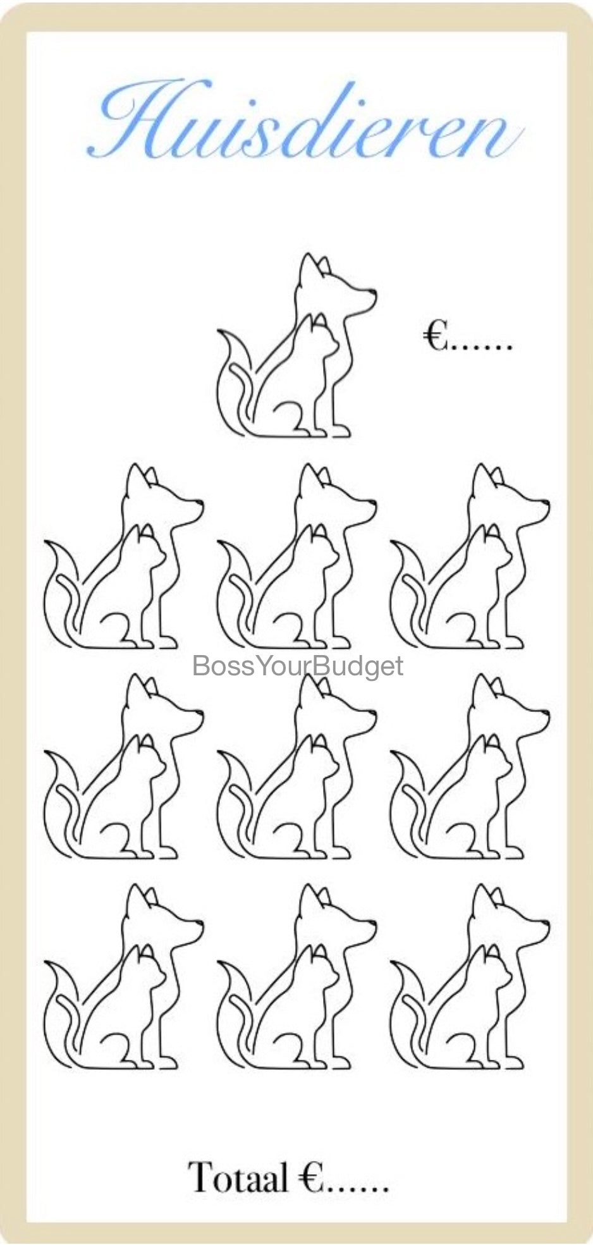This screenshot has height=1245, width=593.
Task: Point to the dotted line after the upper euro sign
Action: pyautogui.click(x=480, y=347)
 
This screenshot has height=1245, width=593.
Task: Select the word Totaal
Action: pyautogui.click(x=238, y=1177)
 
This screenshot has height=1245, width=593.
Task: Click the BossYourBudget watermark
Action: pyautogui.click(x=297, y=666)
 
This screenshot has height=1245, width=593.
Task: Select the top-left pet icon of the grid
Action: pyautogui.click(x=123, y=556)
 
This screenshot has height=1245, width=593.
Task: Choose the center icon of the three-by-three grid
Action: pyautogui.click(x=296, y=766)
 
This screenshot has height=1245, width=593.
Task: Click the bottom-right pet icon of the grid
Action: pyautogui.click(x=469, y=976)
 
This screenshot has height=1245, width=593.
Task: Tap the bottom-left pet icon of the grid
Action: pyautogui.click(x=123, y=976)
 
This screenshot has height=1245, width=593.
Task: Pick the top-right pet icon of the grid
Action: pyautogui.click(x=469, y=556)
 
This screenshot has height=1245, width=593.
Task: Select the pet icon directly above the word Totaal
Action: pyautogui.click(x=296, y=976)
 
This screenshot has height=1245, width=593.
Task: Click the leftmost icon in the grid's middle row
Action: pyautogui.click(x=123, y=766)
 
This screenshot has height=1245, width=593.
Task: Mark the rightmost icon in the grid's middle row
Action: pyautogui.click(x=469, y=766)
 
